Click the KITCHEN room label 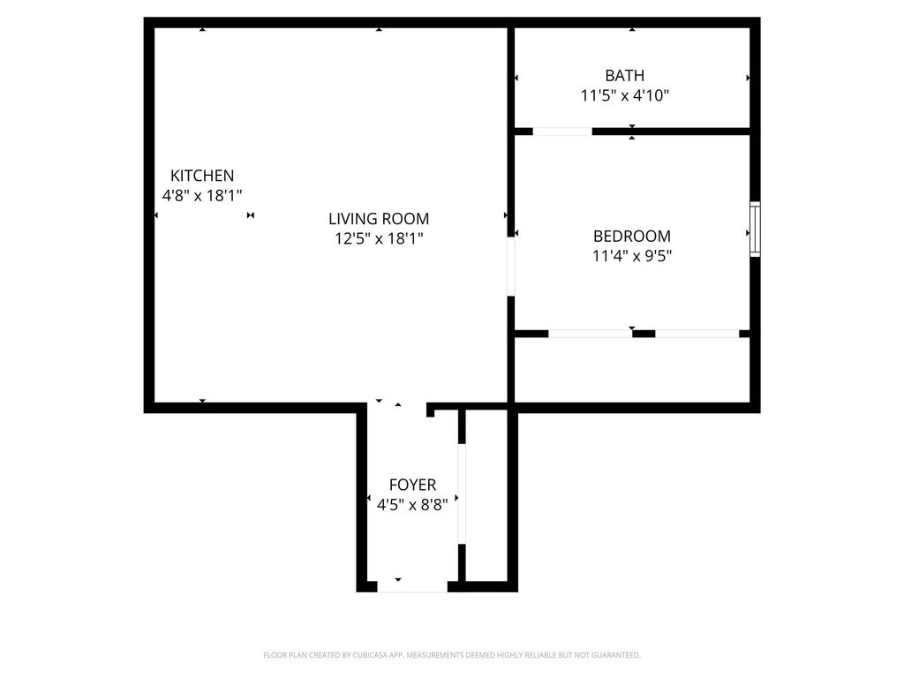(x=202, y=176)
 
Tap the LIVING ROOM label (x=379, y=219)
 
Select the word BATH (x=624, y=76)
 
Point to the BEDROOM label (x=632, y=236)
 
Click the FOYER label (x=412, y=485)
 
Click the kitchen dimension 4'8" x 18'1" (x=202, y=195)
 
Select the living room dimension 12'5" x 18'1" (x=379, y=238)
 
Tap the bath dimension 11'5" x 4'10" (x=624, y=95)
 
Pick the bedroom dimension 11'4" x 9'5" (x=632, y=255)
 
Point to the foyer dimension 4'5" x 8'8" (x=412, y=505)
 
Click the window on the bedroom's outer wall (x=755, y=229)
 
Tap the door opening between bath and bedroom (x=562, y=132)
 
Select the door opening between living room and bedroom (x=511, y=267)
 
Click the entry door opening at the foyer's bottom (x=412, y=587)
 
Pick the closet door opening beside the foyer (x=461, y=493)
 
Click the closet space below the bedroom (x=632, y=370)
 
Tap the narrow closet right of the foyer (x=486, y=495)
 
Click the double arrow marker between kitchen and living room (x=250, y=215)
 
